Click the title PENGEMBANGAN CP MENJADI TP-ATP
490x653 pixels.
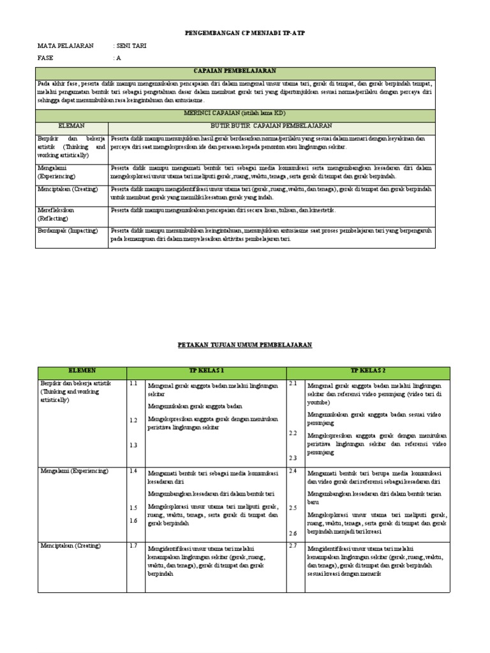[244, 33]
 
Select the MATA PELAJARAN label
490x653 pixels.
[66, 46]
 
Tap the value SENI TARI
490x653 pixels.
[130, 46]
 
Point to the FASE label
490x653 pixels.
[47, 58]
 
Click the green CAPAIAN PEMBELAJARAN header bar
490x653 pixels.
[235, 72]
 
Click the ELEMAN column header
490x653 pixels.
[71, 126]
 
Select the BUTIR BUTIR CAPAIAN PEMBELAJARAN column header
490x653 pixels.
[272, 126]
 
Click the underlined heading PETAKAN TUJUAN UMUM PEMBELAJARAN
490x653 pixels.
[244, 344]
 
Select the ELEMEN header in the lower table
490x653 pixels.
[82, 371]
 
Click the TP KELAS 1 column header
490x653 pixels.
[207, 371]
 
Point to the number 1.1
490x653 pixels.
[133, 384]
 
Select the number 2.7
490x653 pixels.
[293, 545]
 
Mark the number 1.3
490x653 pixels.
[133, 445]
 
